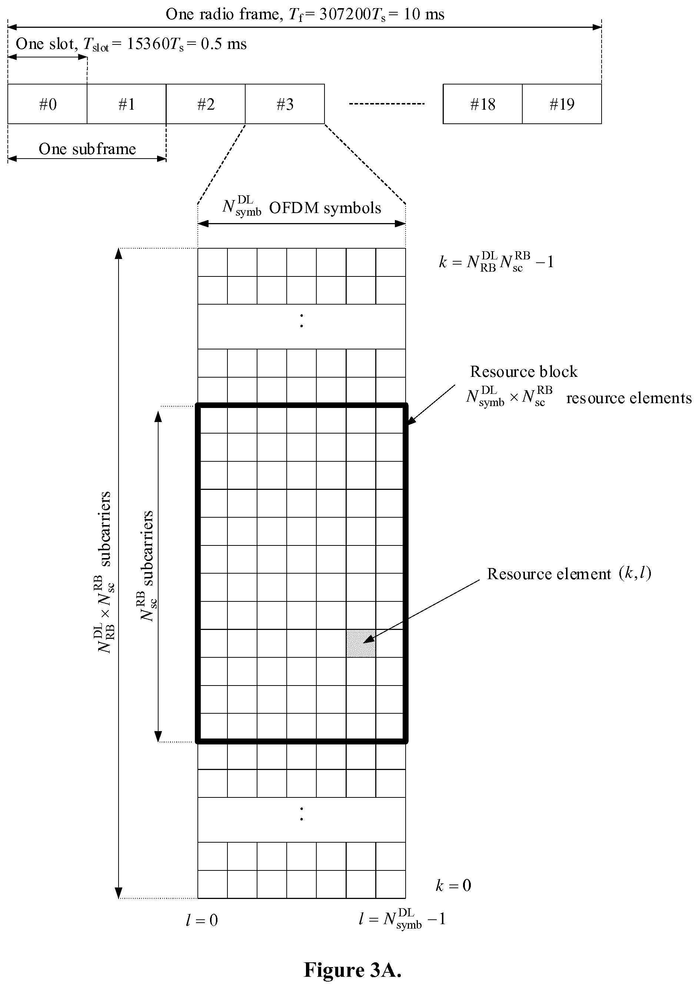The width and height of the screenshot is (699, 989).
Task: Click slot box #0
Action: [x=47, y=104]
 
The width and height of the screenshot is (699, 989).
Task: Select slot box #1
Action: [x=127, y=104]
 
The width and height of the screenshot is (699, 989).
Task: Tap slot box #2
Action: [x=206, y=104]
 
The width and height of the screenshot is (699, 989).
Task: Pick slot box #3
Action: [x=285, y=104]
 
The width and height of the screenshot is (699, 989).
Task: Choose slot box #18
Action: [x=482, y=104]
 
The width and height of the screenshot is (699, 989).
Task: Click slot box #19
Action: [x=562, y=104]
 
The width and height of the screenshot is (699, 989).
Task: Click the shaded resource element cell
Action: [x=361, y=644]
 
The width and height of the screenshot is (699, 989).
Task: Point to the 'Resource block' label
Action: [x=523, y=372]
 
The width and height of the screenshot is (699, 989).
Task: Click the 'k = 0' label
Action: [x=453, y=886]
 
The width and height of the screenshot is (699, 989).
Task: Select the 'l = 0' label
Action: [x=202, y=920]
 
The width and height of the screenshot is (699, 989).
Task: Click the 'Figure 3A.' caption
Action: [x=352, y=970]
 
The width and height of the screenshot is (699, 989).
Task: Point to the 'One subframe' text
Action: [x=87, y=149]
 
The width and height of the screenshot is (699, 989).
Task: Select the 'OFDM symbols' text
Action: [x=325, y=208]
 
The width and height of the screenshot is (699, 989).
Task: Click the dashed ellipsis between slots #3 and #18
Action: [x=386, y=104]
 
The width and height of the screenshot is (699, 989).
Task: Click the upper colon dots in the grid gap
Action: [x=302, y=321]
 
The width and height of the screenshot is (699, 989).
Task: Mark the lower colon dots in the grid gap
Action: [x=302, y=814]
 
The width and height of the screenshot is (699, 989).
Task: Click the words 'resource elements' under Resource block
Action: [x=628, y=398]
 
